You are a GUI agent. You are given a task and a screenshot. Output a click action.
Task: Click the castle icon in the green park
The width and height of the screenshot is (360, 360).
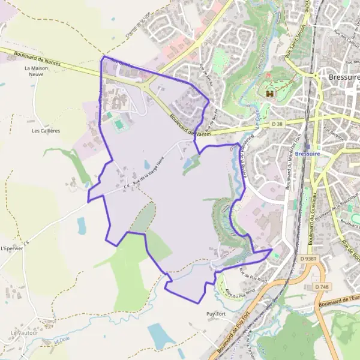[269, 94]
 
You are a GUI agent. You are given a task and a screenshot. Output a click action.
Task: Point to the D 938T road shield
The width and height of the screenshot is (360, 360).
[307, 259]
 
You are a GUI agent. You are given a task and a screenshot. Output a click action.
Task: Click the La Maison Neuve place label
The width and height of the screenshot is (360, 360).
[36, 72]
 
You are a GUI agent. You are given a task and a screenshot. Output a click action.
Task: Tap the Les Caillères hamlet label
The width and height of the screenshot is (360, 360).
[46, 130]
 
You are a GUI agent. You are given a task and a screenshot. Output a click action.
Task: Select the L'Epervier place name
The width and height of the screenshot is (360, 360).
[12, 248]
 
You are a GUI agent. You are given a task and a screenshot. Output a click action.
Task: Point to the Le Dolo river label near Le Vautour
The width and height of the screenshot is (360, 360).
[61, 340]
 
